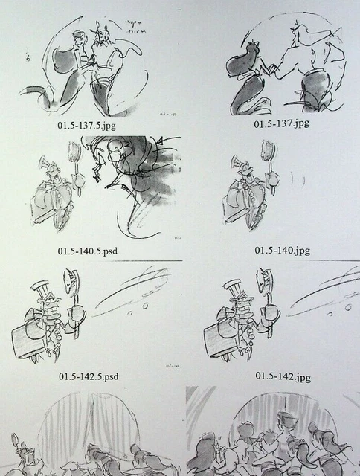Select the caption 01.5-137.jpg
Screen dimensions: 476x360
(x=281, y=123)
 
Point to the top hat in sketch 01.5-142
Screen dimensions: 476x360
(x=233, y=286)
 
